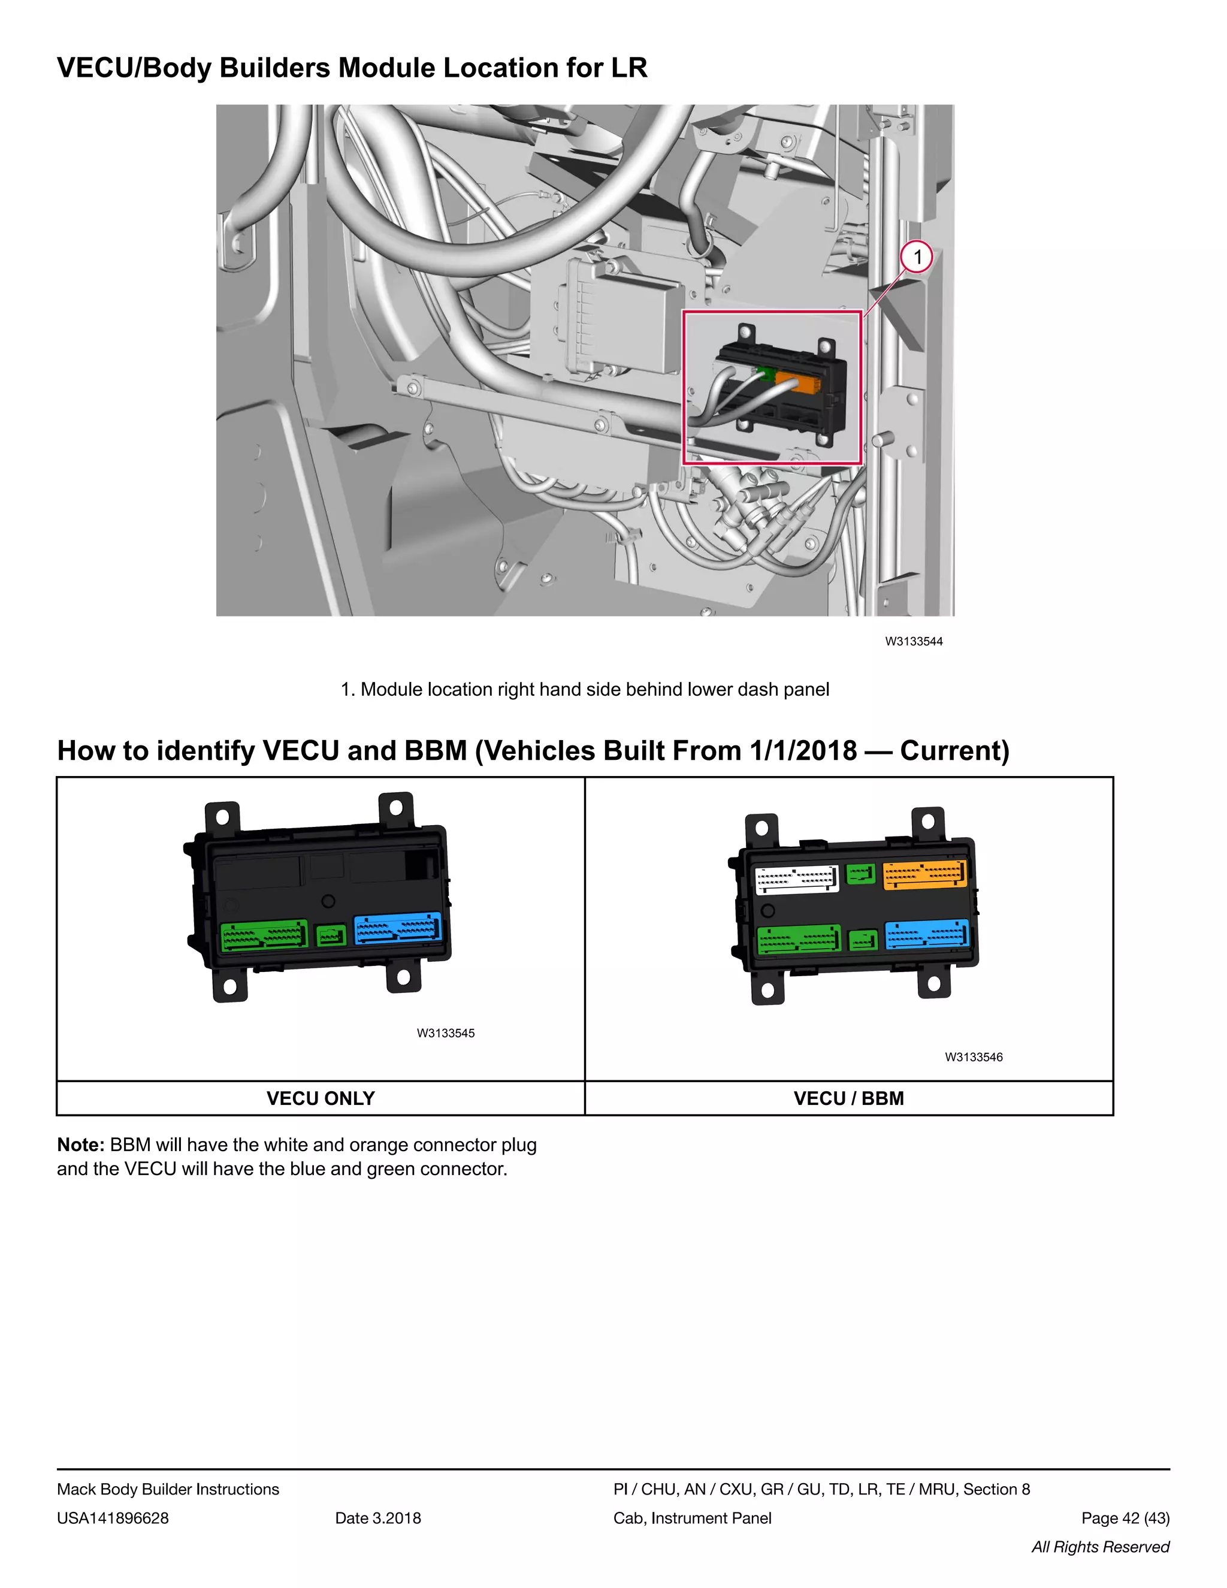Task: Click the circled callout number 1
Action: [917, 256]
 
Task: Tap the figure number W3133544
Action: [914, 641]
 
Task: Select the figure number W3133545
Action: [446, 1033]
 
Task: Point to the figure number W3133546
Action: [974, 1057]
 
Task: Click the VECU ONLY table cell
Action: [321, 1098]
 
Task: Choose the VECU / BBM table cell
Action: [848, 1098]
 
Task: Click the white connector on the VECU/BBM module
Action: [797, 879]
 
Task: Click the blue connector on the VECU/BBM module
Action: [927, 935]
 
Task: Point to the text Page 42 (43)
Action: [1125, 1518]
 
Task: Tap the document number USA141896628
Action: [113, 1518]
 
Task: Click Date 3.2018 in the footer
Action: [378, 1518]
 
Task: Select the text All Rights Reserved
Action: [1100, 1547]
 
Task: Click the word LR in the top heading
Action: [628, 68]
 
